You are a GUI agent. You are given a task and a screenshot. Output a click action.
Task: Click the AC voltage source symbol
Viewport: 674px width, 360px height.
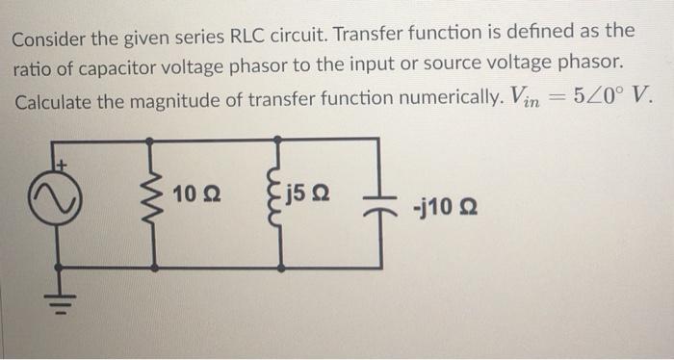(59, 202)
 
